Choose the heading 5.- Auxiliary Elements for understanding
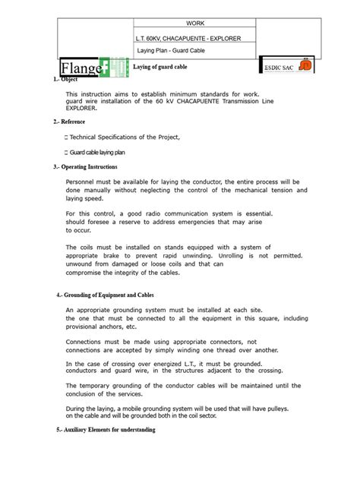click(x=107, y=430)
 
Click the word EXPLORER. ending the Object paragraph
click(x=87, y=108)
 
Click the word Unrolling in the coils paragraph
click(x=238, y=256)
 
